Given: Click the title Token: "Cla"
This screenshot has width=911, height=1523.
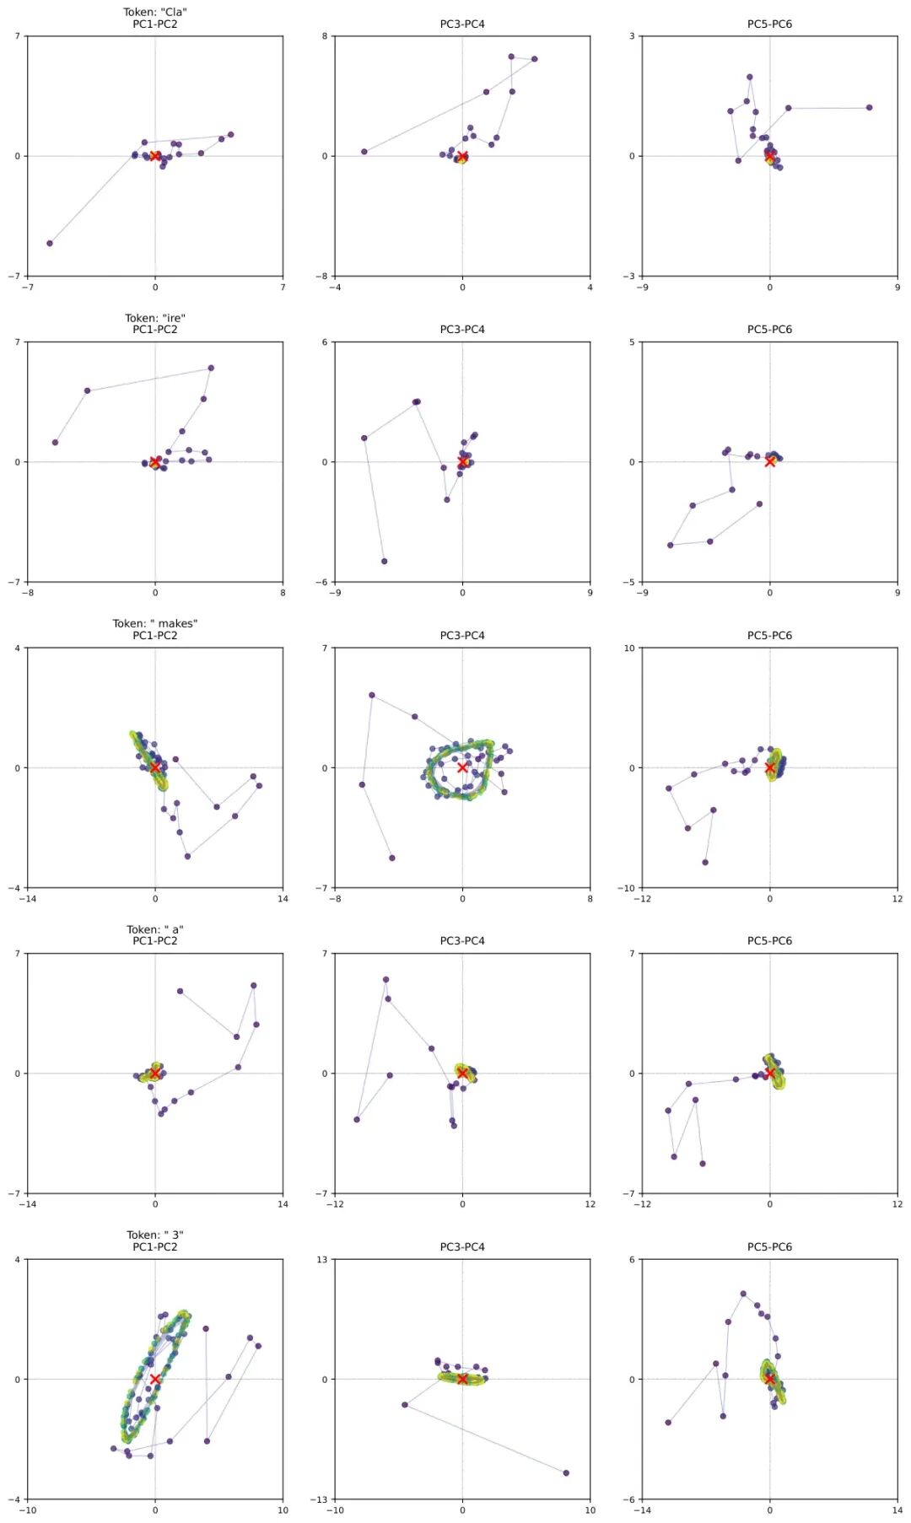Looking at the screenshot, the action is [x=155, y=13].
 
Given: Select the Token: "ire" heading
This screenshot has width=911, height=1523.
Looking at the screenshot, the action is [x=155, y=318].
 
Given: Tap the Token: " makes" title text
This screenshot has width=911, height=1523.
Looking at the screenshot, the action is [x=155, y=624].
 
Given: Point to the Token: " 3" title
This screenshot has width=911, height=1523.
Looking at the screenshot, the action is [x=155, y=1235].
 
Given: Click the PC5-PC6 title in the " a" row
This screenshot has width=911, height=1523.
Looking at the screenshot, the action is [x=769, y=941].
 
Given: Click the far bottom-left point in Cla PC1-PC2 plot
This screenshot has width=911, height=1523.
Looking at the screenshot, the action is [x=50, y=243].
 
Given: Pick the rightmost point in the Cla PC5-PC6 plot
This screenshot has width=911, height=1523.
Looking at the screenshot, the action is [x=869, y=107].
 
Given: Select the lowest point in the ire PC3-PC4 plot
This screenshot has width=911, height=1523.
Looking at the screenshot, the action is [x=385, y=561].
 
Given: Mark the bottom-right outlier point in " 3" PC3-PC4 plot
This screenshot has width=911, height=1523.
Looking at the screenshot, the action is [x=566, y=1472].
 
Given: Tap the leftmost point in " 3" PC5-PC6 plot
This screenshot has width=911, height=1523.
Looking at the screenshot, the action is [x=668, y=1422].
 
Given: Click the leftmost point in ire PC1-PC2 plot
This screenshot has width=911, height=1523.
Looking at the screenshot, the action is [x=55, y=442].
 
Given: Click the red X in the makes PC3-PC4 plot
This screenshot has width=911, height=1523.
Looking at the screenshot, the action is [x=462, y=767].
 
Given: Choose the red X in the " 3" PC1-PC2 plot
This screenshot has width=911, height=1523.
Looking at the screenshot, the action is [x=155, y=1379].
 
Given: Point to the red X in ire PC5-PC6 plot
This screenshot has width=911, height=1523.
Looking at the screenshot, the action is [x=769, y=461].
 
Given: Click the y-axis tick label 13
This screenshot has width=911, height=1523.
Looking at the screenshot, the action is [x=322, y=1260].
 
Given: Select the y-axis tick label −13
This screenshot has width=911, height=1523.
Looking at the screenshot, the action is [x=319, y=1499].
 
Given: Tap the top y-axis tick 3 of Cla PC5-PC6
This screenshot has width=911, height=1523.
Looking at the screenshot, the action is [x=632, y=36].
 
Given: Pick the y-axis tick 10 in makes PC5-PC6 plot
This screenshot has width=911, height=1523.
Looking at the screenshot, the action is [x=629, y=648].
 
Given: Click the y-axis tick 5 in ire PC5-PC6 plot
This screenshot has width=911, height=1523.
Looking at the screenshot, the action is [x=632, y=342].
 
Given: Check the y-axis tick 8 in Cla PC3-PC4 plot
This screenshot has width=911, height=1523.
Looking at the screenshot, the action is [x=325, y=36].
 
